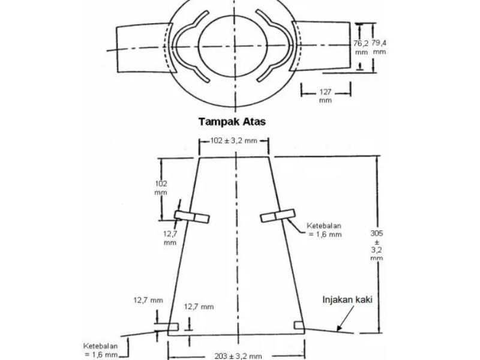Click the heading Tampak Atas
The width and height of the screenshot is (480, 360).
pyautogui.click(x=232, y=122)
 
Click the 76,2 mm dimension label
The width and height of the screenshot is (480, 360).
pyautogui.click(x=361, y=47)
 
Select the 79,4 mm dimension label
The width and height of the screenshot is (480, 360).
pyautogui.click(x=379, y=47)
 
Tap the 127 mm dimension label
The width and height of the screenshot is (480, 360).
pyautogui.click(x=325, y=96)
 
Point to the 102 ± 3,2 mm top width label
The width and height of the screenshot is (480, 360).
pyautogui.click(x=233, y=141)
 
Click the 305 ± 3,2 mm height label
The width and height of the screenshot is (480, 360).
pyautogui.click(x=377, y=245)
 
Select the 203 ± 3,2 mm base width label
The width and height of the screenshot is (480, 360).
pyautogui.click(x=238, y=356)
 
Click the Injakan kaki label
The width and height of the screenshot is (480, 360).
pyautogui.click(x=347, y=299)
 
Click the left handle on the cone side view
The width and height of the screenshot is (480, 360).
pyautogui.click(x=192, y=217)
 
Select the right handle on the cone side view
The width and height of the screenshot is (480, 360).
pyautogui.click(x=278, y=215)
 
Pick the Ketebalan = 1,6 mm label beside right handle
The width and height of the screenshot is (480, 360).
pyautogui.click(x=324, y=230)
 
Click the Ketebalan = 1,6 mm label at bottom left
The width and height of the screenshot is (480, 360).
pyautogui.click(x=100, y=350)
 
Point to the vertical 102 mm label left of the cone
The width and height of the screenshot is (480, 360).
pyautogui.click(x=161, y=188)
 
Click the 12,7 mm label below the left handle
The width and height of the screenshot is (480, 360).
pyautogui.click(x=170, y=238)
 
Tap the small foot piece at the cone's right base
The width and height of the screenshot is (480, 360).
pyautogui.click(x=299, y=325)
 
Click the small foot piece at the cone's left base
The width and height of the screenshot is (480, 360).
pyautogui.click(x=173, y=326)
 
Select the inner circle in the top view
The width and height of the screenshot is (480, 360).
pyautogui.click(x=233, y=46)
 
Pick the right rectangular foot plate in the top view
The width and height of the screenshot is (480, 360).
pyautogui.click(x=322, y=46)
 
